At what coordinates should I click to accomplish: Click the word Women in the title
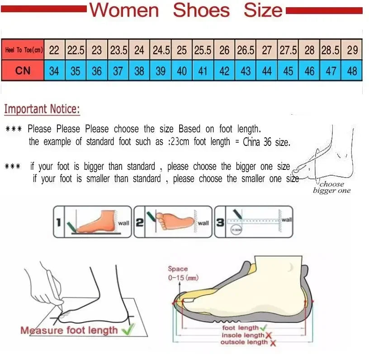124,10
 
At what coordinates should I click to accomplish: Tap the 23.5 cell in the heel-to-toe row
118,50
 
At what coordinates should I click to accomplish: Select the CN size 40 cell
182,71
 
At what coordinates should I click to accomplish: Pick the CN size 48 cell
352,71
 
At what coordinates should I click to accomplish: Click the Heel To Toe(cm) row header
24,50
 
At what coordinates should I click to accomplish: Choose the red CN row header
24,71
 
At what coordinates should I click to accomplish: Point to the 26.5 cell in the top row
246,50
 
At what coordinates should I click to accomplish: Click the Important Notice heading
42,109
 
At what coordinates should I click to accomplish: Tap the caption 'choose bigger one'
331,187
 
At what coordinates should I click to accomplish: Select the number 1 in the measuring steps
59,222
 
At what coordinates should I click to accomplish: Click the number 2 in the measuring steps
140,222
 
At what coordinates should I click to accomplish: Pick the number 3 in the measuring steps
220,222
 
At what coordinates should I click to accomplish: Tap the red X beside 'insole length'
268,335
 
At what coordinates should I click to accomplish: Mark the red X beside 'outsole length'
273,343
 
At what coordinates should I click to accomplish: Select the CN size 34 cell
54,71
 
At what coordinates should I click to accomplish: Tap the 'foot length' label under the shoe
241,328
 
